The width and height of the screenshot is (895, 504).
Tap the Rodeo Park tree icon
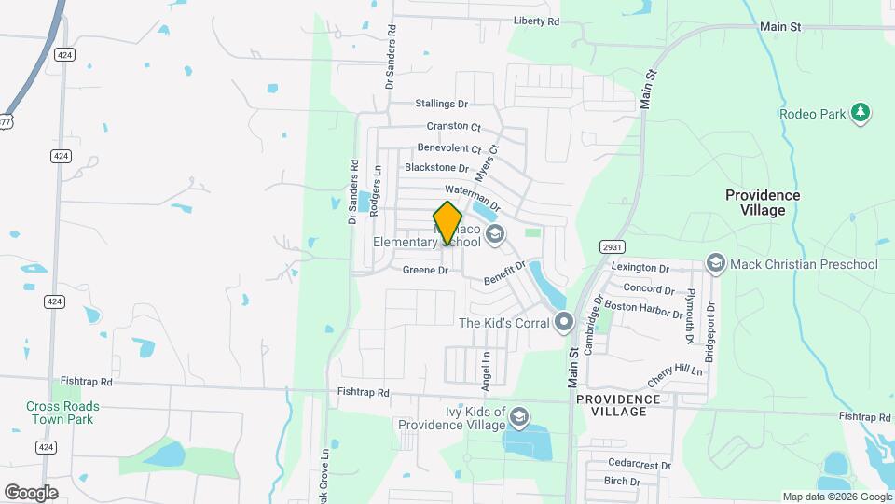pyautogui.click(x=861, y=114)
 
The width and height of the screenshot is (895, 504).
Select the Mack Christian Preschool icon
pyautogui.click(x=715, y=264)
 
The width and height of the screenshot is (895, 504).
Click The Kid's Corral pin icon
pyautogui.click(x=563, y=323)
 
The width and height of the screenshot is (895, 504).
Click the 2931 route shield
pyautogui.click(x=611, y=246)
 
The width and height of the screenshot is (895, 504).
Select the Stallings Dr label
pyautogui.click(x=441, y=104)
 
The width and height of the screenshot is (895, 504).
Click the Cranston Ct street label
pyautogui.click(x=453, y=126)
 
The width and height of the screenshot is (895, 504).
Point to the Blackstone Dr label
pyautogui.click(x=436, y=168)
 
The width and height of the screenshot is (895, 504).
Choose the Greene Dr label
pyautogui.click(x=426, y=271)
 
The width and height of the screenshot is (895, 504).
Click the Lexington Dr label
pyautogui.click(x=640, y=267)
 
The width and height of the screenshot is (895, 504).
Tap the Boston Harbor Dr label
pyautogui.click(x=643, y=309)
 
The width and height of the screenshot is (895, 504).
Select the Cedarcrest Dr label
pyautogui.click(x=639, y=465)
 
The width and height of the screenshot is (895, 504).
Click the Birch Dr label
pyautogui.click(x=622, y=482)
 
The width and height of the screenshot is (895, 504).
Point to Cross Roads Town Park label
pyautogui.click(x=62, y=413)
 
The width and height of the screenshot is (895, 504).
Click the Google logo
pyautogui.click(x=31, y=492)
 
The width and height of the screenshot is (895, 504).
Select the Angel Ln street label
pyautogui.click(x=486, y=371)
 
